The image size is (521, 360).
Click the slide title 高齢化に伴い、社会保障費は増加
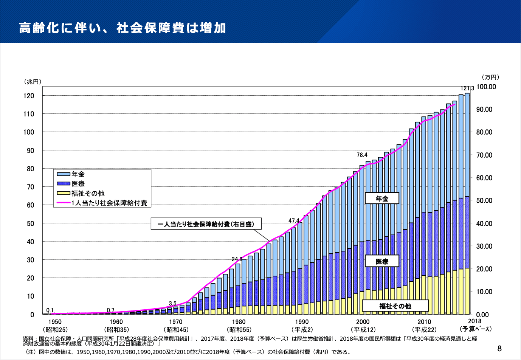(x=122, y=28)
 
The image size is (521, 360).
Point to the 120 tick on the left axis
(x=29, y=96)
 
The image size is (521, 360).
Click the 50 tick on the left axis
(x=30, y=223)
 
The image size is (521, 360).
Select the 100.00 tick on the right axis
(x=486, y=87)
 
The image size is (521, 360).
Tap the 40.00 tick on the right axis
(x=484, y=223)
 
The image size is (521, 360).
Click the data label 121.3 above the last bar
(x=467, y=88)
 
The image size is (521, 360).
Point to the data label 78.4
(x=362, y=155)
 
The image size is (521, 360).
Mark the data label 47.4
(x=294, y=220)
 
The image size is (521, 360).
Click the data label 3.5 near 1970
(x=172, y=303)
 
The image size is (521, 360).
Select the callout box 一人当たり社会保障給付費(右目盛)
(x=206, y=224)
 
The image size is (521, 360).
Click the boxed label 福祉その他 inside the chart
(x=395, y=306)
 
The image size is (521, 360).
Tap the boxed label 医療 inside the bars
(x=382, y=261)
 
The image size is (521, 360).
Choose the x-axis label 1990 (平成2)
(x=302, y=326)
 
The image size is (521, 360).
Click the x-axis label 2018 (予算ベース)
(x=475, y=325)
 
